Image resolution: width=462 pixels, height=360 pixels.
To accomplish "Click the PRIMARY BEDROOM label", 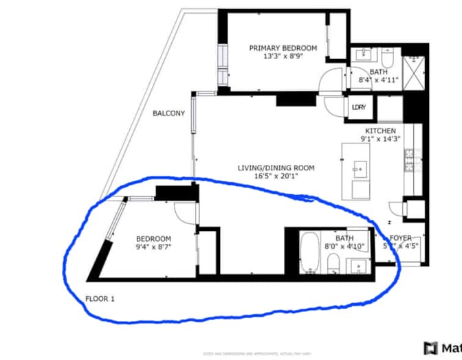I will click(x=283, y=48).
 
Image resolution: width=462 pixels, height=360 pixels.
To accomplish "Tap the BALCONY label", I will click(x=168, y=114).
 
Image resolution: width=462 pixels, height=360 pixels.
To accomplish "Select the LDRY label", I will click(x=358, y=107).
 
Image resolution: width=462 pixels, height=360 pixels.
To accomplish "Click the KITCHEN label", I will click(x=380, y=131).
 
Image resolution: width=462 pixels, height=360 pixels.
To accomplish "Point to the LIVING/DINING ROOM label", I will click(x=276, y=168).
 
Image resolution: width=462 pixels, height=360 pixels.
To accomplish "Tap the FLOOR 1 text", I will click(x=100, y=299).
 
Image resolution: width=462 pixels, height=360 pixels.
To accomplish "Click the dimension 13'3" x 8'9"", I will click(x=283, y=57).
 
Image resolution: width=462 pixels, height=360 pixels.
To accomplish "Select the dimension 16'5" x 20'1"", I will click(x=276, y=176).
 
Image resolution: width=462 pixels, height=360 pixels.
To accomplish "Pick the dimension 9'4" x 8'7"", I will click(x=153, y=247).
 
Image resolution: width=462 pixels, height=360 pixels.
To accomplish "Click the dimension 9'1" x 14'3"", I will click(x=380, y=139).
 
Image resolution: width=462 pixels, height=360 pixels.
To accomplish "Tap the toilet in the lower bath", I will click(x=332, y=263).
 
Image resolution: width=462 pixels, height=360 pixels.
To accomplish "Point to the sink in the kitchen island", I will click(x=359, y=167).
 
